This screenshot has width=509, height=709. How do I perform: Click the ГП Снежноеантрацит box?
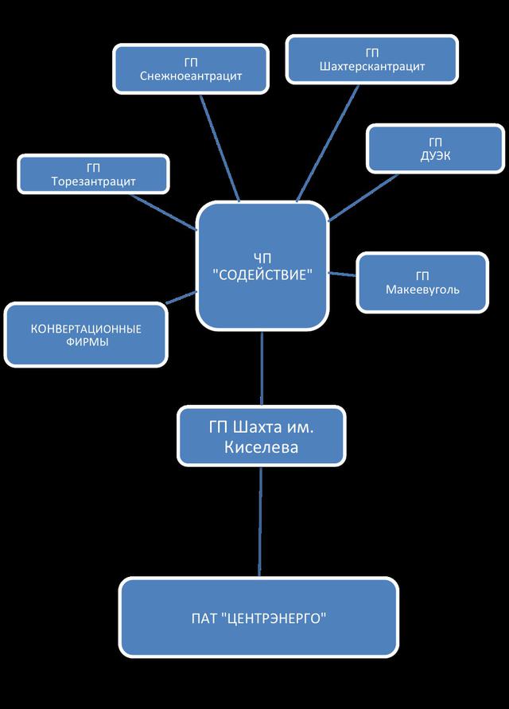(x=190, y=68)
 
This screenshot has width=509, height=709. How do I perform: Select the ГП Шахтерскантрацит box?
(x=373, y=60)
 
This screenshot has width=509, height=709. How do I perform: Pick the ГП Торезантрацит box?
(x=93, y=174)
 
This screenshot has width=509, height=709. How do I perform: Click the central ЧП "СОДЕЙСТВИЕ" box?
(x=262, y=266)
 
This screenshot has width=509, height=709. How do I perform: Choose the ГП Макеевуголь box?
(x=422, y=282)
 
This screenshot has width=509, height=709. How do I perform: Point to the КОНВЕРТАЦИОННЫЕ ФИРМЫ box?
(x=86, y=335)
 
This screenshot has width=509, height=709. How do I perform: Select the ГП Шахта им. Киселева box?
(x=262, y=436)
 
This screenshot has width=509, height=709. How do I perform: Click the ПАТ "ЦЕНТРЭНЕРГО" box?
(x=258, y=617)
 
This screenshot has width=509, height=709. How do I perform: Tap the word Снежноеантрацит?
(x=190, y=76)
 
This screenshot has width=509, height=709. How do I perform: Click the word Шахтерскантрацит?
(x=373, y=67)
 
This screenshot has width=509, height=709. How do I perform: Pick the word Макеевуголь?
(x=422, y=290)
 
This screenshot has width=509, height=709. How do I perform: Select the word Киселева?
(x=261, y=447)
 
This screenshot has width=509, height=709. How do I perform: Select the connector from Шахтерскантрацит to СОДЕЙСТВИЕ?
(x=326, y=143)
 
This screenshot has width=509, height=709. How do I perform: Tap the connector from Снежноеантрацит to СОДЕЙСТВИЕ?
(x=223, y=147)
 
